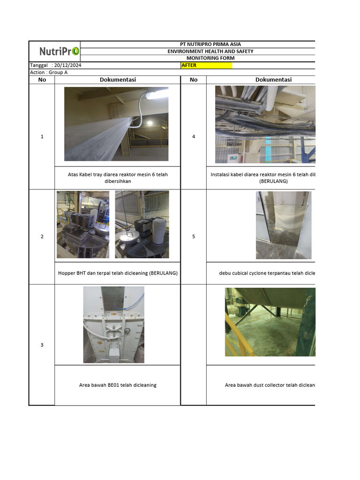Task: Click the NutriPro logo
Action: click(59, 51)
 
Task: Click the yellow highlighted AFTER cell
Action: click(206, 66)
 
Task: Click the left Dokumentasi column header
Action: click(118, 80)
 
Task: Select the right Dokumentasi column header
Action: click(273, 80)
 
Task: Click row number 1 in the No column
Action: click(42, 137)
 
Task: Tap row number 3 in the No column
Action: click(42, 345)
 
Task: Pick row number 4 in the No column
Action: click(194, 137)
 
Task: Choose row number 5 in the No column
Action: click(194, 237)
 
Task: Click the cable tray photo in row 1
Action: click(116, 124)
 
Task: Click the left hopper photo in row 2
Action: click(83, 225)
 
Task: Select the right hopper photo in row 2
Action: click(142, 225)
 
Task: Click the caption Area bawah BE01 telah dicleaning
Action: click(118, 385)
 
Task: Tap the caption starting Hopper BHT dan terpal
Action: click(118, 273)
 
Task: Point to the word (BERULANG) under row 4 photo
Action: click(274, 181)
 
